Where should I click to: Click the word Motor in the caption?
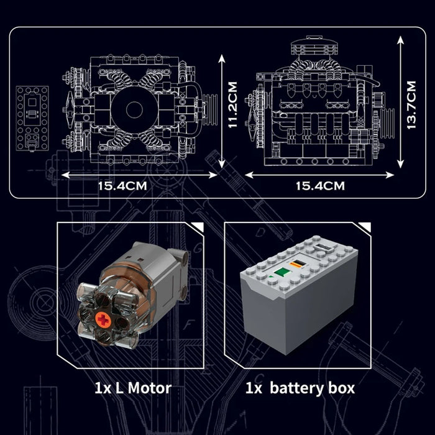point(147,389)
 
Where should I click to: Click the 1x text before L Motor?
point(103,389)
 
